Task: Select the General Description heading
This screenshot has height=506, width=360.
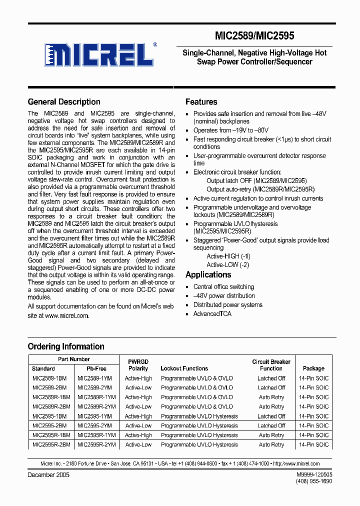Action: click(x=64, y=102)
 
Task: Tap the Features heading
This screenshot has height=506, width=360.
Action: click(x=201, y=102)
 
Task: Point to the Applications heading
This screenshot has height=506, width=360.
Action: click(x=208, y=274)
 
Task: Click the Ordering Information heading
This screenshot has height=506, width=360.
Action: click(x=66, y=346)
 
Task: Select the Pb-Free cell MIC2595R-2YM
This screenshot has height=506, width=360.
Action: click(x=96, y=444)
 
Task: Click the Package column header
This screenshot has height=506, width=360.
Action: click(x=313, y=368)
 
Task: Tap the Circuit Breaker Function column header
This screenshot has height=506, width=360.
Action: click(x=271, y=365)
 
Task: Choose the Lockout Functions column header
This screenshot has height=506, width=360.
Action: click(x=184, y=368)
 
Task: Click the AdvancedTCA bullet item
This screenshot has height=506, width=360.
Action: click(x=212, y=314)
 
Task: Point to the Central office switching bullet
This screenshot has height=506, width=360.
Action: click(x=223, y=287)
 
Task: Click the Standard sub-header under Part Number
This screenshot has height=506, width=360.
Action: click(x=43, y=368)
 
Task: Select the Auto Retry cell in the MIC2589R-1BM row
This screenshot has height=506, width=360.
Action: click(x=271, y=397)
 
